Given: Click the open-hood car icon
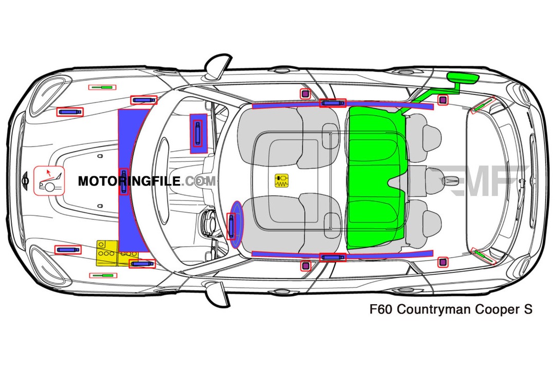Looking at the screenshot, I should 49,181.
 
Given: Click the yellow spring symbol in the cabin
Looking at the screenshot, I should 282,180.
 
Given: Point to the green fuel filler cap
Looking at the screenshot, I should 462,78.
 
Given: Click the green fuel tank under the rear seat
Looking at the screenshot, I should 375,177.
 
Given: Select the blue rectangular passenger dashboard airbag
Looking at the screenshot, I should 197,133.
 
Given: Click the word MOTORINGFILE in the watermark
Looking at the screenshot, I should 128,181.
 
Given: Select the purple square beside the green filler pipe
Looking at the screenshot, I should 441,99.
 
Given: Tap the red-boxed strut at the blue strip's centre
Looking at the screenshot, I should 123,181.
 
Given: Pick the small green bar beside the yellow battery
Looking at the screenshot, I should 103,275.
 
